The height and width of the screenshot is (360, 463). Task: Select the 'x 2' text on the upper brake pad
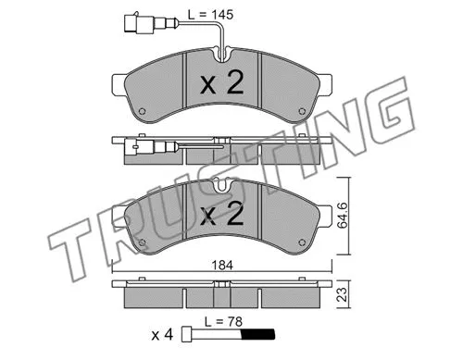pyautogui.click(x=221, y=85)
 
